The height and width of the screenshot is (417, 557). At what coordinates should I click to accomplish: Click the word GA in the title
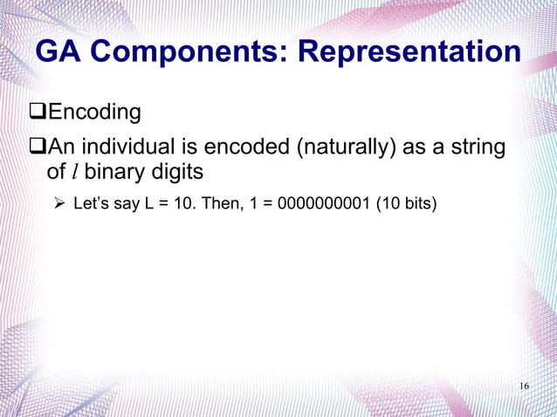coord(58,52)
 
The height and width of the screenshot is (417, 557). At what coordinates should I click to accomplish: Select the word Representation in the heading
coord(409,52)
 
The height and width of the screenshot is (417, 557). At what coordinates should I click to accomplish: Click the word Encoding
coord(94,113)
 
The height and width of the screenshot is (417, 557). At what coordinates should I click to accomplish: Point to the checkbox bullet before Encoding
coord(37,113)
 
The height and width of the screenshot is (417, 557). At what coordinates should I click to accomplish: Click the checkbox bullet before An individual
coord(37,147)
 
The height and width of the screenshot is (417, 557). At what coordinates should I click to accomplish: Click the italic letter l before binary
coord(74,172)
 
